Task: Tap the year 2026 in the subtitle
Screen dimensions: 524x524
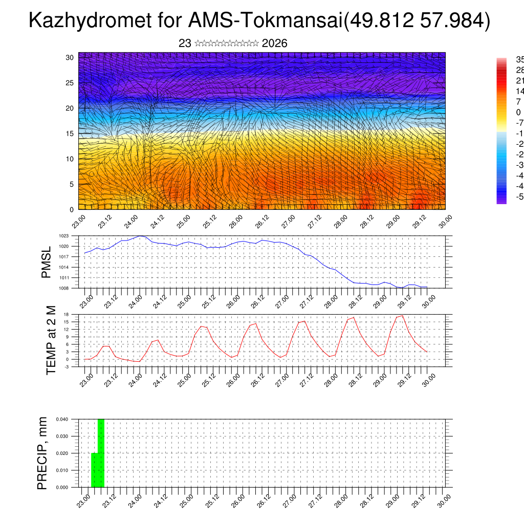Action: click(x=274, y=43)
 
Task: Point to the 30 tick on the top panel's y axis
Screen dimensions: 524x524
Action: click(x=70, y=57)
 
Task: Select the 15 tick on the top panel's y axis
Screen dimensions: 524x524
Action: click(x=70, y=134)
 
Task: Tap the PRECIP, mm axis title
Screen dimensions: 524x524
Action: click(x=42, y=453)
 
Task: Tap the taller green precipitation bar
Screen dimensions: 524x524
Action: click(x=101, y=453)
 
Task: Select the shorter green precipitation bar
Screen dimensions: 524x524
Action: click(x=94, y=470)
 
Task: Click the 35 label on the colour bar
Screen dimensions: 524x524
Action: click(x=519, y=59)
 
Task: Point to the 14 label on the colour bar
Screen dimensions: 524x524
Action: click(x=519, y=91)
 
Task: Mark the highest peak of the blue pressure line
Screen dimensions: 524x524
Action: click(x=141, y=236)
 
